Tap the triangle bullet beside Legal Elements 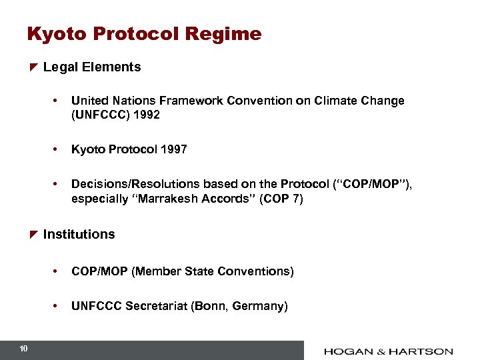point(33,67)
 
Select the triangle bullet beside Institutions point(33,235)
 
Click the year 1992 point(146,115)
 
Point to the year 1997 point(173,149)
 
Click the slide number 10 point(23,349)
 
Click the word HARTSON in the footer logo point(423,351)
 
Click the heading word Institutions point(79,235)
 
